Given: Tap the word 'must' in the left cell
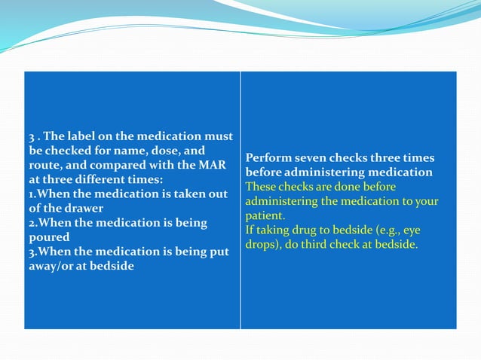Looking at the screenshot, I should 218,136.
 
